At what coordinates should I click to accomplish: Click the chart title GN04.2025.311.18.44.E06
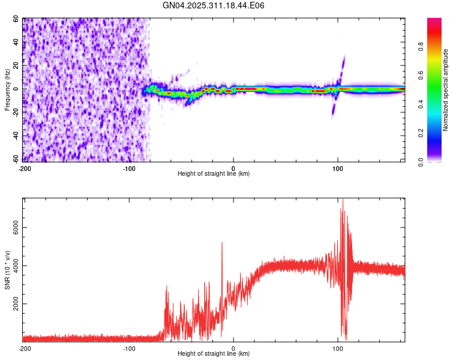[214, 5]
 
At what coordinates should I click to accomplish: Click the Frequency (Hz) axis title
[8, 91]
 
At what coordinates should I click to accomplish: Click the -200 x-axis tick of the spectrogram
[25, 167]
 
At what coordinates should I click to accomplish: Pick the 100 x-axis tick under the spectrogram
[338, 167]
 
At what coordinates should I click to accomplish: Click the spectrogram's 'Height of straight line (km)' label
[214, 173]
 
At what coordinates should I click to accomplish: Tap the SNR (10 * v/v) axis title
[8, 271]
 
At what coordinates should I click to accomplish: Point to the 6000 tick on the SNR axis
[13, 227]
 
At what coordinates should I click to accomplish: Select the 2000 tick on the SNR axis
[13, 304]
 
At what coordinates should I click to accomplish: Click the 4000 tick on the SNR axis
[13, 266]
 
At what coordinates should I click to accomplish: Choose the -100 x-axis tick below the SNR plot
[129, 348]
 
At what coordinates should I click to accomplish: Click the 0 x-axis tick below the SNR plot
[233, 348]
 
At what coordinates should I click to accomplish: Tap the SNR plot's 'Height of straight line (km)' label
[214, 354]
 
